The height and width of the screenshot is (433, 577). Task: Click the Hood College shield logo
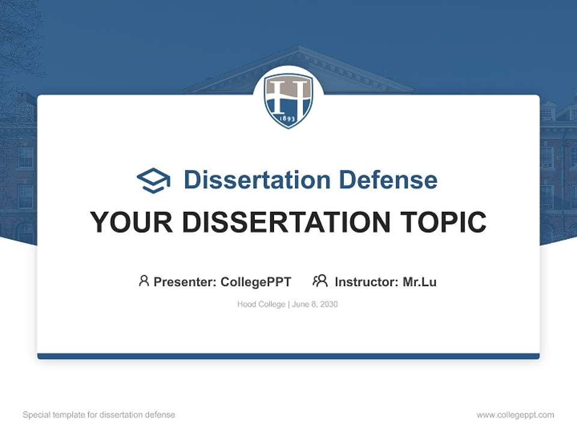288,100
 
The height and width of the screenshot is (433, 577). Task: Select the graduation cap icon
153,180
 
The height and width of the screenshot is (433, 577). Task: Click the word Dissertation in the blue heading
257,180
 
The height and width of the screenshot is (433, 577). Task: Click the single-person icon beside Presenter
144,281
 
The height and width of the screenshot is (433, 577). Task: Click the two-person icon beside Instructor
320,281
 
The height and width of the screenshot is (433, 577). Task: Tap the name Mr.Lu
420,281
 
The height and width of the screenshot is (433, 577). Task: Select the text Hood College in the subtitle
261,304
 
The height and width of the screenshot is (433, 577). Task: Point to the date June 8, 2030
315,304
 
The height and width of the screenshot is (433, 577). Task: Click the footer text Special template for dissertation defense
99,415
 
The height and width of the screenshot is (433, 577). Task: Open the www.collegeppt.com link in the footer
515,415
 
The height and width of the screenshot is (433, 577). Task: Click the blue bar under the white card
288,356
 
